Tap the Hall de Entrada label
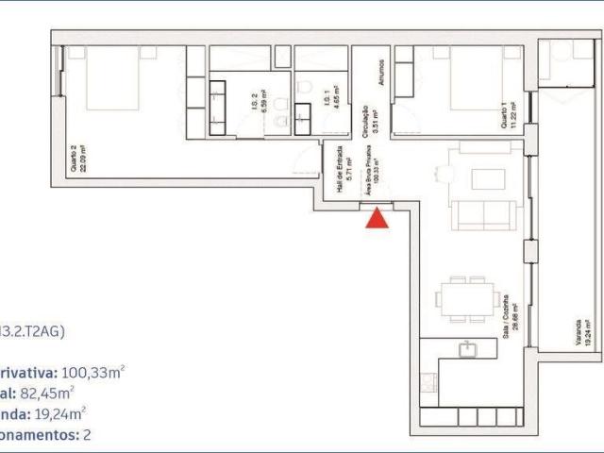(x=344, y=175)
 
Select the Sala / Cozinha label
(x=508, y=319)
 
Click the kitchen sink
(x=466, y=350)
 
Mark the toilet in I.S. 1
(x=305, y=88)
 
